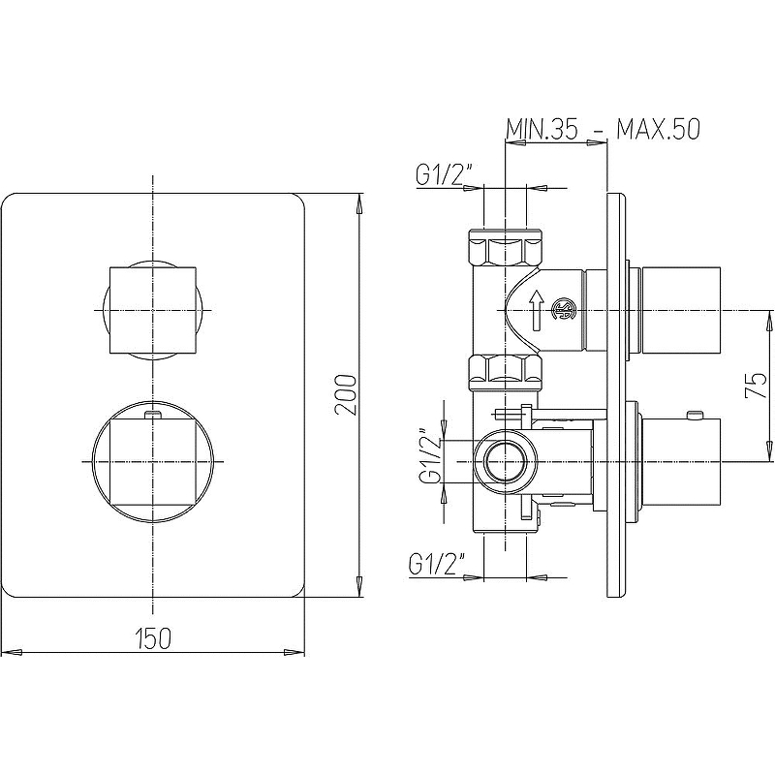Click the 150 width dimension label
153,638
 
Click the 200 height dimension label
345,395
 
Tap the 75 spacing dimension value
756,386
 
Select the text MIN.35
542,130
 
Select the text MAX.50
658,130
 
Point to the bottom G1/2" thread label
438,564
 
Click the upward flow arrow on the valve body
537,310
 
